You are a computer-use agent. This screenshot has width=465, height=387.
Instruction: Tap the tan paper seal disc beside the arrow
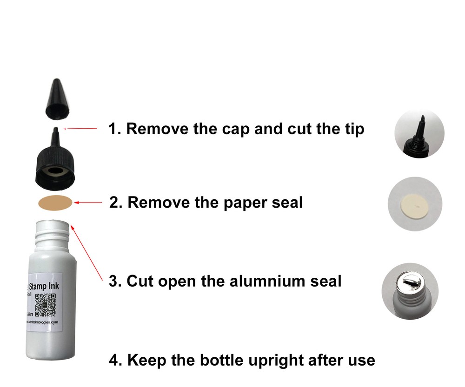(x=55, y=203)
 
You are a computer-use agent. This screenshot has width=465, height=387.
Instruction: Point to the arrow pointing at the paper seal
(x=88, y=203)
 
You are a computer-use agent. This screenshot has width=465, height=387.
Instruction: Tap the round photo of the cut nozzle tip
(x=419, y=132)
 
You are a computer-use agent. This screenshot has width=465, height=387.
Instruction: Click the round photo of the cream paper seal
(x=412, y=206)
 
